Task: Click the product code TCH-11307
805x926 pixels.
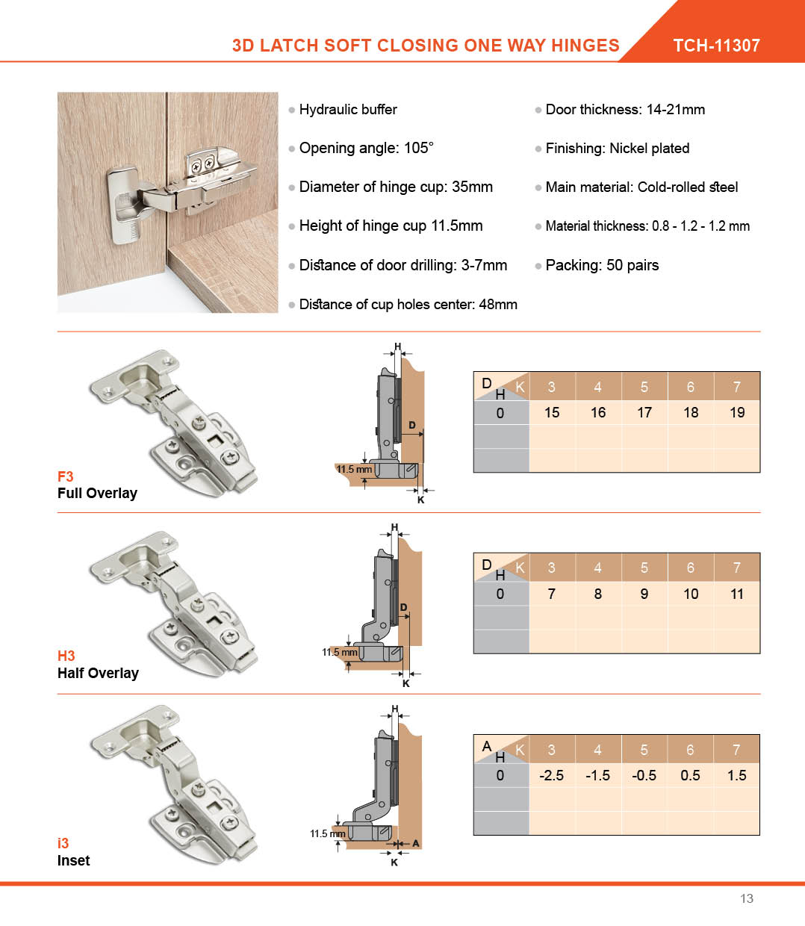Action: tap(716, 46)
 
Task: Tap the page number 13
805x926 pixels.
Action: tap(747, 898)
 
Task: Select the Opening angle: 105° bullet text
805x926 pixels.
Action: tap(366, 148)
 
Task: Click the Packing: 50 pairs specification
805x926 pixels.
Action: tap(602, 265)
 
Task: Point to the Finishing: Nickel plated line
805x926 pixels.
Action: tap(617, 148)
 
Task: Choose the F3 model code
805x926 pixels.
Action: tap(66, 476)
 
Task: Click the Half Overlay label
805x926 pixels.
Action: tap(98, 673)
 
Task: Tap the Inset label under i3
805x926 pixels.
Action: tap(73, 860)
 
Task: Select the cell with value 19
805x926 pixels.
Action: tap(737, 412)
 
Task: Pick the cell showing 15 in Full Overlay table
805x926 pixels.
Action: tap(552, 412)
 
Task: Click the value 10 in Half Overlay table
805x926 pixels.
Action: tap(691, 594)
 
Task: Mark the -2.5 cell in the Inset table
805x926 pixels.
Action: tap(552, 775)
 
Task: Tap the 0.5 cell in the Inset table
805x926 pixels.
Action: tap(691, 775)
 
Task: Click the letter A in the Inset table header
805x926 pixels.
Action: tap(487, 746)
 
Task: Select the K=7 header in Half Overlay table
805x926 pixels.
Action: tap(737, 568)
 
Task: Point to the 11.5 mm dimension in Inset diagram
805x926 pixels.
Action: tap(328, 833)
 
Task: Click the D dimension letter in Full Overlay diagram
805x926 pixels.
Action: tap(411, 425)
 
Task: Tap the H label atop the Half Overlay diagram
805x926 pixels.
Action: tap(394, 528)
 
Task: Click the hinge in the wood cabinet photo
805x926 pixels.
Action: tap(187, 187)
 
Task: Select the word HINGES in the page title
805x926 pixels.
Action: tap(585, 46)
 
